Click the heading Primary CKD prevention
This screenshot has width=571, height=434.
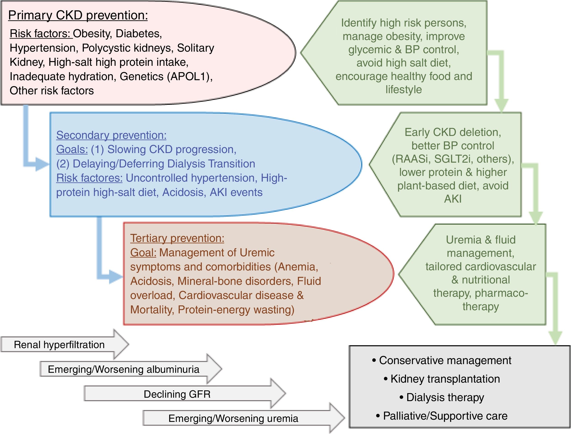(x=78, y=16)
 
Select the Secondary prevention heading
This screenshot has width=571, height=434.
(x=111, y=135)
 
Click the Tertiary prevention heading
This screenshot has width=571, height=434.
(x=177, y=238)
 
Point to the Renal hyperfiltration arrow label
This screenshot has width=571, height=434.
(x=59, y=345)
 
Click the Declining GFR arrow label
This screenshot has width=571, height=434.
(x=177, y=394)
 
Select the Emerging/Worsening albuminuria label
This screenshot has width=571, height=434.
(x=123, y=369)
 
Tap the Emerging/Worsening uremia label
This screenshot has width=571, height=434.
(x=233, y=418)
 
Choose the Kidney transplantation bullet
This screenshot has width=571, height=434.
(x=445, y=379)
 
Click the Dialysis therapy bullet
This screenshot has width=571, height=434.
(x=445, y=397)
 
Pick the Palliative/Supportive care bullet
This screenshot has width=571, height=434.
(x=445, y=416)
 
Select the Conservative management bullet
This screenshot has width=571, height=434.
(x=445, y=361)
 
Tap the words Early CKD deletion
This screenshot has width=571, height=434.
(x=452, y=132)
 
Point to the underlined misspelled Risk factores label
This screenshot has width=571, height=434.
(x=89, y=178)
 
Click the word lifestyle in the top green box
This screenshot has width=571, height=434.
(x=403, y=90)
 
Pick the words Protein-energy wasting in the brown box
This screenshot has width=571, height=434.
(x=236, y=310)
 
